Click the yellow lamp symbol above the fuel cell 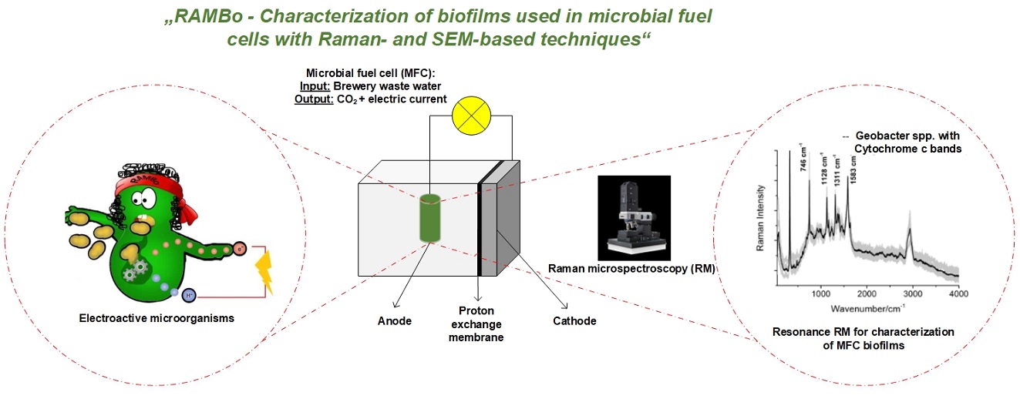point(471,116)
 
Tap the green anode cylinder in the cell point(430,218)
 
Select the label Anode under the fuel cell point(394,320)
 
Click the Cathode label point(574,320)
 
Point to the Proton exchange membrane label point(476,324)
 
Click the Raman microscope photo point(634,218)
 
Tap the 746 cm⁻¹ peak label point(803,159)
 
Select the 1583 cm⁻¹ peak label point(853,169)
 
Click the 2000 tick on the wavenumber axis point(867,294)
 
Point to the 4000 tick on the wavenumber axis point(958,294)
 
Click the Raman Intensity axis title point(760,218)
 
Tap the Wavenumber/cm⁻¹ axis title point(867,308)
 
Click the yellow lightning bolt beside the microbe point(264,273)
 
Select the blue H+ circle point(189,296)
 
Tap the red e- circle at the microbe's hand point(240,248)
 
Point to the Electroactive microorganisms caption point(157,318)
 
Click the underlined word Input point(315,86)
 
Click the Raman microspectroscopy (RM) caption point(631,268)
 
